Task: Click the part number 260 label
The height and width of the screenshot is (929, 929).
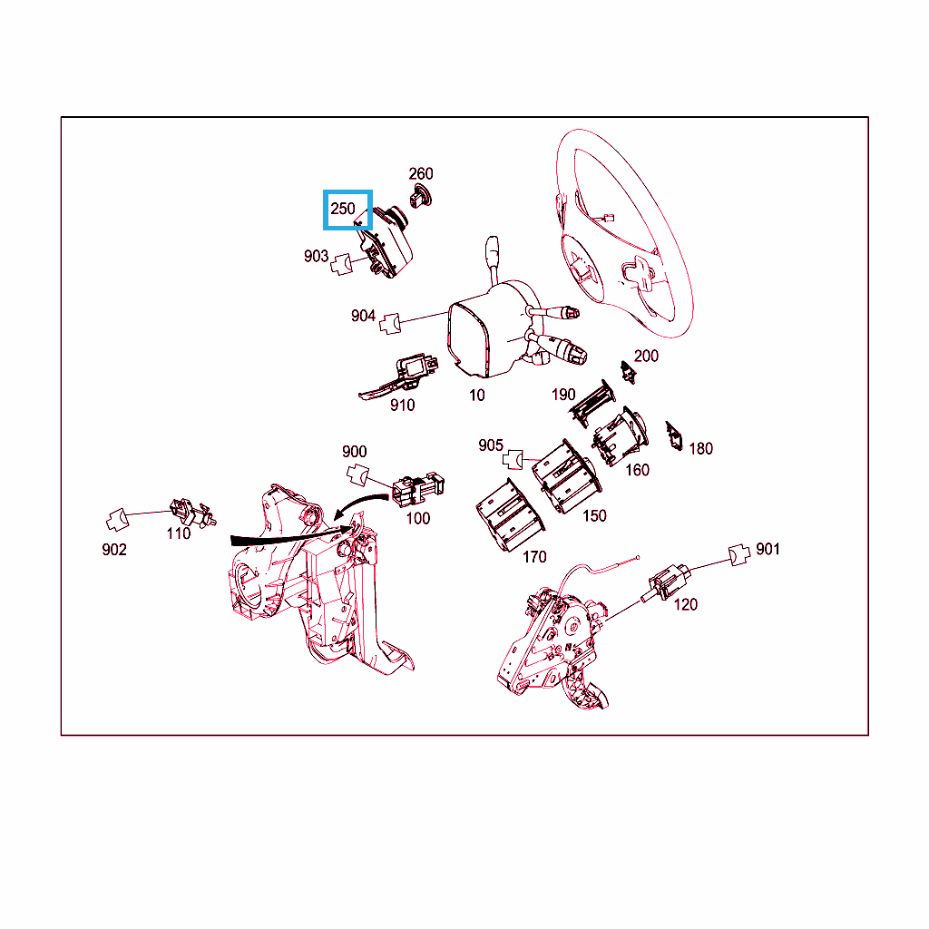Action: pyautogui.click(x=421, y=173)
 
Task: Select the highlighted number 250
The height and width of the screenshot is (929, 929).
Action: pyautogui.click(x=342, y=209)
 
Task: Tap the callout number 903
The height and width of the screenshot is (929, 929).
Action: pyautogui.click(x=316, y=256)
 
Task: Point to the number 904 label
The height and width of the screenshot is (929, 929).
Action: pyautogui.click(x=363, y=316)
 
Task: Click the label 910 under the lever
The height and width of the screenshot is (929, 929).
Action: pyautogui.click(x=402, y=406)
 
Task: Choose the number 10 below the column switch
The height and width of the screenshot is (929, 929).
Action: pyautogui.click(x=477, y=396)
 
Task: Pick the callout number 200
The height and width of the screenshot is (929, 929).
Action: pyautogui.click(x=646, y=356)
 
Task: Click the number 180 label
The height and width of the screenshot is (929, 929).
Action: pyautogui.click(x=700, y=448)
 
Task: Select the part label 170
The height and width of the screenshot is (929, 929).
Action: pyautogui.click(x=534, y=557)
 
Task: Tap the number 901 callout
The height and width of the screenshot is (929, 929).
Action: pyautogui.click(x=768, y=549)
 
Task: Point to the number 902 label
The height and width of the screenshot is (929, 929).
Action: pyautogui.click(x=114, y=550)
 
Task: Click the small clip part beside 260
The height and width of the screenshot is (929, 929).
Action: pyautogui.click(x=421, y=196)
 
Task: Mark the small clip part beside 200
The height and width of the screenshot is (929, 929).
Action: pyautogui.click(x=628, y=372)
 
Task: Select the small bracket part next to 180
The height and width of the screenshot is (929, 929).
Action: pyautogui.click(x=674, y=436)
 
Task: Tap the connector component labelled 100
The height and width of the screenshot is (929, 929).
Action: pyautogui.click(x=417, y=489)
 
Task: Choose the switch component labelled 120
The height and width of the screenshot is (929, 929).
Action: pyautogui.click(x=666, y=582)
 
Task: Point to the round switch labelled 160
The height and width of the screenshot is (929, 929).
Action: pyautogui.click(x=621, y=436)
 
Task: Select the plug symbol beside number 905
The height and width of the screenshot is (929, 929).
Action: pyautogui.click(x=513, y=459)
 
